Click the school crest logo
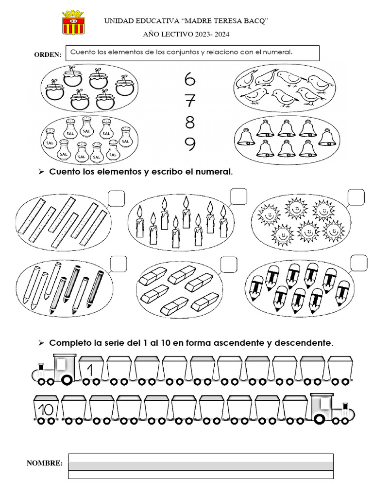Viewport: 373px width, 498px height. coord(73,22)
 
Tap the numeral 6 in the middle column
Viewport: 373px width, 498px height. coord(190,79)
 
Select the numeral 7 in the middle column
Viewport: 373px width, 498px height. coord(190,101)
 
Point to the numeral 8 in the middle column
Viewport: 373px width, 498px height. coord(190,122)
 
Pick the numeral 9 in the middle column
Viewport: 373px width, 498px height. coord(190,144)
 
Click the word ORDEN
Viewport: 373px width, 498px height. coord(48,54)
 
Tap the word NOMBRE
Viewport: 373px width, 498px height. coord(45,463)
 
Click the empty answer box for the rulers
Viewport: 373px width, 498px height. coord(117,198)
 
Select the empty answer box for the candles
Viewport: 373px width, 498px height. coord(238,196)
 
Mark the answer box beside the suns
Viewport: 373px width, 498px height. coord(356,197)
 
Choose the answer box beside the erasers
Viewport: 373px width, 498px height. coord(229,264)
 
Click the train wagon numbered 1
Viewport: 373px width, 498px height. coord(91,368)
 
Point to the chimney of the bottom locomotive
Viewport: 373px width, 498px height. coord(345,407)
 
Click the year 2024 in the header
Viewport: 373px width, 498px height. coord(221,35)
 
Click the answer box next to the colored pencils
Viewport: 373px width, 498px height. coord(119,264)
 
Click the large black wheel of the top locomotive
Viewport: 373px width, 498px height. coord(67,379)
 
